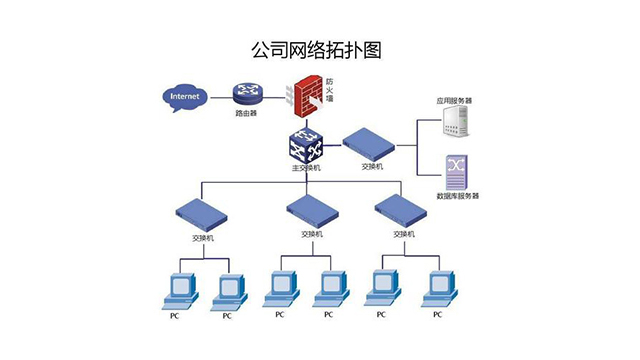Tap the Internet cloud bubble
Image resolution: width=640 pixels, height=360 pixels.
[x=185, y=98]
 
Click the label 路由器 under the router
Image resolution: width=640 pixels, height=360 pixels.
[x=246, y=115]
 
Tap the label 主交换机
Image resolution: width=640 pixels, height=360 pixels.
[x=306, y=168]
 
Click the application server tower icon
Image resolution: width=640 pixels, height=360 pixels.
[x=456, y=122]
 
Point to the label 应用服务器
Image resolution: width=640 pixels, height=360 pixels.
[x=454, y=101]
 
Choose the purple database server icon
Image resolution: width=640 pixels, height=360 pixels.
[x=457, y=172]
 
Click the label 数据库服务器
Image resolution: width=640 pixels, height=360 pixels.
[x=458, y=196]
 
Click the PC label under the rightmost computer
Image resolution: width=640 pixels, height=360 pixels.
[x=437, y=315]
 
